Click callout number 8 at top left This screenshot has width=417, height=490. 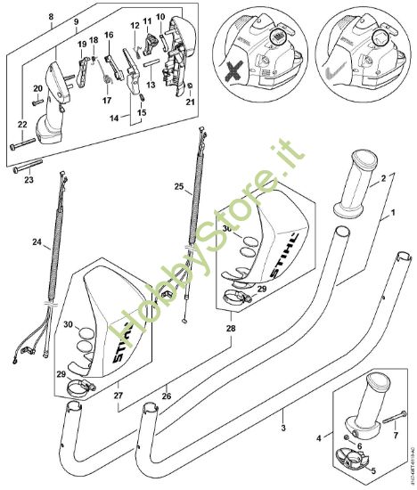tap(51, 16)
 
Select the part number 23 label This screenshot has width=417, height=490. tap(28, 180)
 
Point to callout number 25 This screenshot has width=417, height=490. tap(179, 188)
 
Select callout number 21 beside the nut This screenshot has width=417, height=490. tap(189, 102)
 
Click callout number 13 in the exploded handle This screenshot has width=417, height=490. tap(151, 86)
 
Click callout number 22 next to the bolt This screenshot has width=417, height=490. tap(21, 124)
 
